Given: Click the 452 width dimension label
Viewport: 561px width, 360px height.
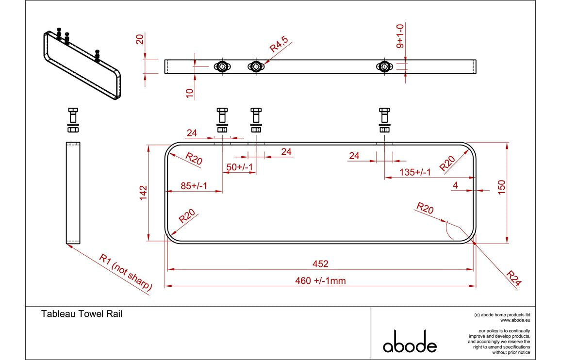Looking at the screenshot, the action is [x=320, y=264].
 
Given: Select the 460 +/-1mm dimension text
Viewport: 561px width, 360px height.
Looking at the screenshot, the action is [x=321, y=281].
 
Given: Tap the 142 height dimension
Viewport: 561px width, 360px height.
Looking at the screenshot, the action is [x=143, y=193].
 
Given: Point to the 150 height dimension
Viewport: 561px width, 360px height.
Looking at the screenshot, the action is [x=502, y=187].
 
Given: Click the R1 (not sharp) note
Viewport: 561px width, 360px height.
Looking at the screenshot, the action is [x=126, y=272].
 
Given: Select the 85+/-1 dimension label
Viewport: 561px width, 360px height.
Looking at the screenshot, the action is [x=194, y=186].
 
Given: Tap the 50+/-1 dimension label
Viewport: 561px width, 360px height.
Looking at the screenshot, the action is [x=239, y=167].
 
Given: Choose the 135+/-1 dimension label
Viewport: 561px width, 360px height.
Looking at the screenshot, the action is [x=415, y=172].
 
